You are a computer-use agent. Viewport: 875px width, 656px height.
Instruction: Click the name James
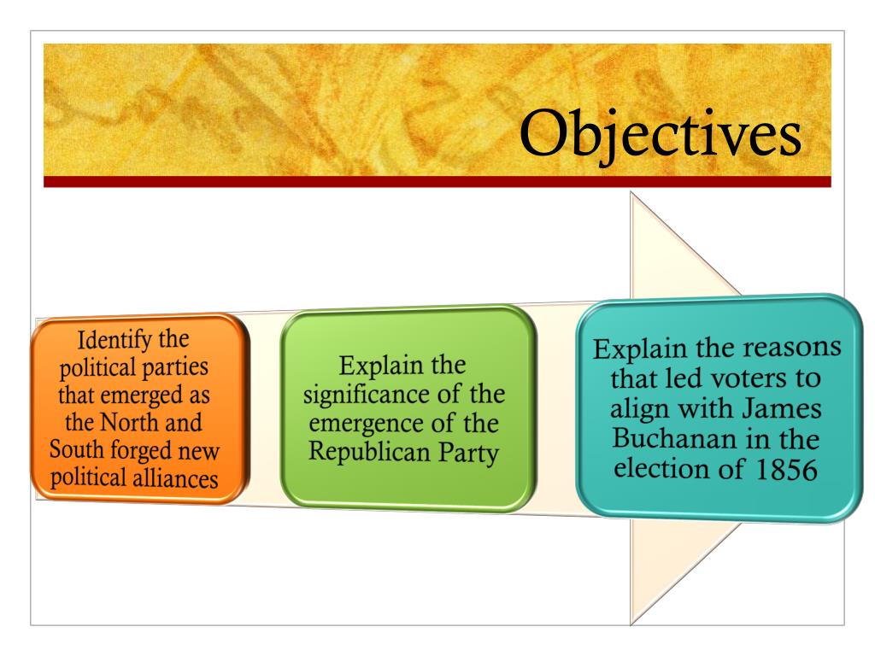[781, 408]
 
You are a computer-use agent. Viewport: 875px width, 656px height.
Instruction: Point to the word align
[640, 408]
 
